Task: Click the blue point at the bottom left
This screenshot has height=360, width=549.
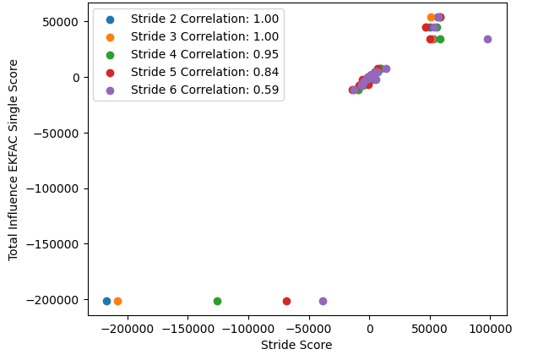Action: coord(106,301)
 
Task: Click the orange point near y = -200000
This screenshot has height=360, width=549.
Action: coord(117,301)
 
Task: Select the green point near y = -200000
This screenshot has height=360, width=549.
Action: coord(217,301)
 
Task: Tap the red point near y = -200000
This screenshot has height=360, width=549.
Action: coord(286,301)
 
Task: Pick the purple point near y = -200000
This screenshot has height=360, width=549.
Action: coord(323,301)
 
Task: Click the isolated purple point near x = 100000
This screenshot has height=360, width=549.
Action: coord(487,39)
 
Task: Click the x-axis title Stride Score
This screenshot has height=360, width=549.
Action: coord(296,345)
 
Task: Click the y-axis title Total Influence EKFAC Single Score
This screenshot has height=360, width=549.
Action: coord(14,159)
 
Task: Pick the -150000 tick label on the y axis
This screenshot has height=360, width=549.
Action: coord(55,244)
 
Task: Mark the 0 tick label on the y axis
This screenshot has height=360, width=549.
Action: coord(77,78)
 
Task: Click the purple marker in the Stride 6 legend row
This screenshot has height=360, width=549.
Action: coord(110,90)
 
